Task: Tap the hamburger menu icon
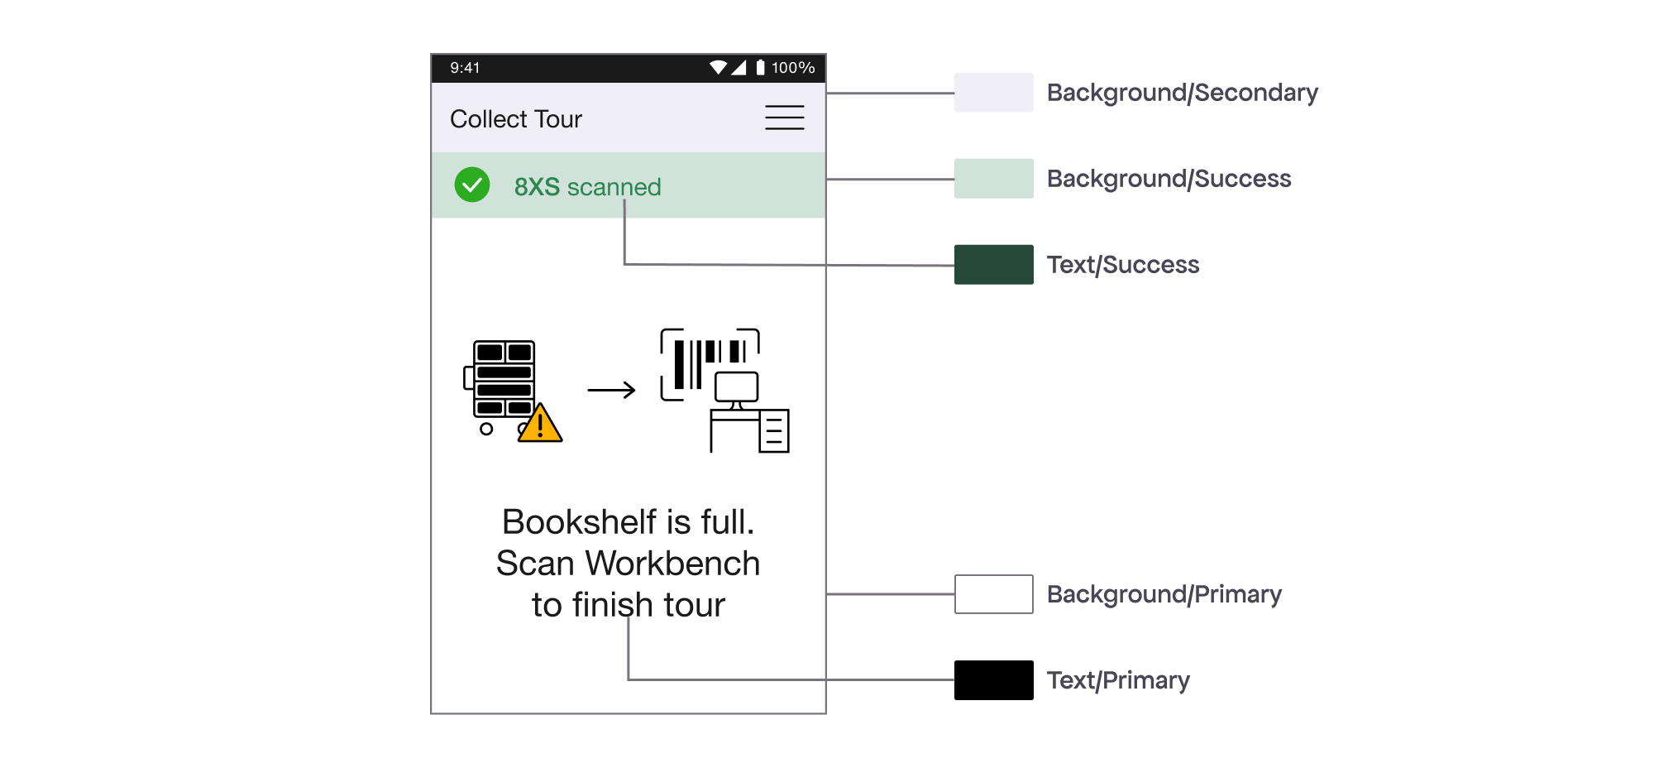(784, 118)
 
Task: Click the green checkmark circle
(472, 185)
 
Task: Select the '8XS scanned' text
(587, 187)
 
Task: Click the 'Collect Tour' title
(516, 119)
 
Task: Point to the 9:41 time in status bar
(465, 68)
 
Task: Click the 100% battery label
(793, 68)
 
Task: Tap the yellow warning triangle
(541, 425)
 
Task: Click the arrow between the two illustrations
(611, 390)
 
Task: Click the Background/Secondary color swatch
(993, 93)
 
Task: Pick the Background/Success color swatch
(993, 179)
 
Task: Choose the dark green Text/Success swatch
(993, 265)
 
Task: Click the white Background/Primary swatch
(993, 594)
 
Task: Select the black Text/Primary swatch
(993, 680)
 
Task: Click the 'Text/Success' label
(1122, 265)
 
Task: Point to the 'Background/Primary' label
(1164, 594)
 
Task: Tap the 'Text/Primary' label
(1118, 680)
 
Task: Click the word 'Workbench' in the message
(672, 564)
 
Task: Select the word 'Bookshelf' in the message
(579, 522)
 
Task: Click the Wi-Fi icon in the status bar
(718, 67)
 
